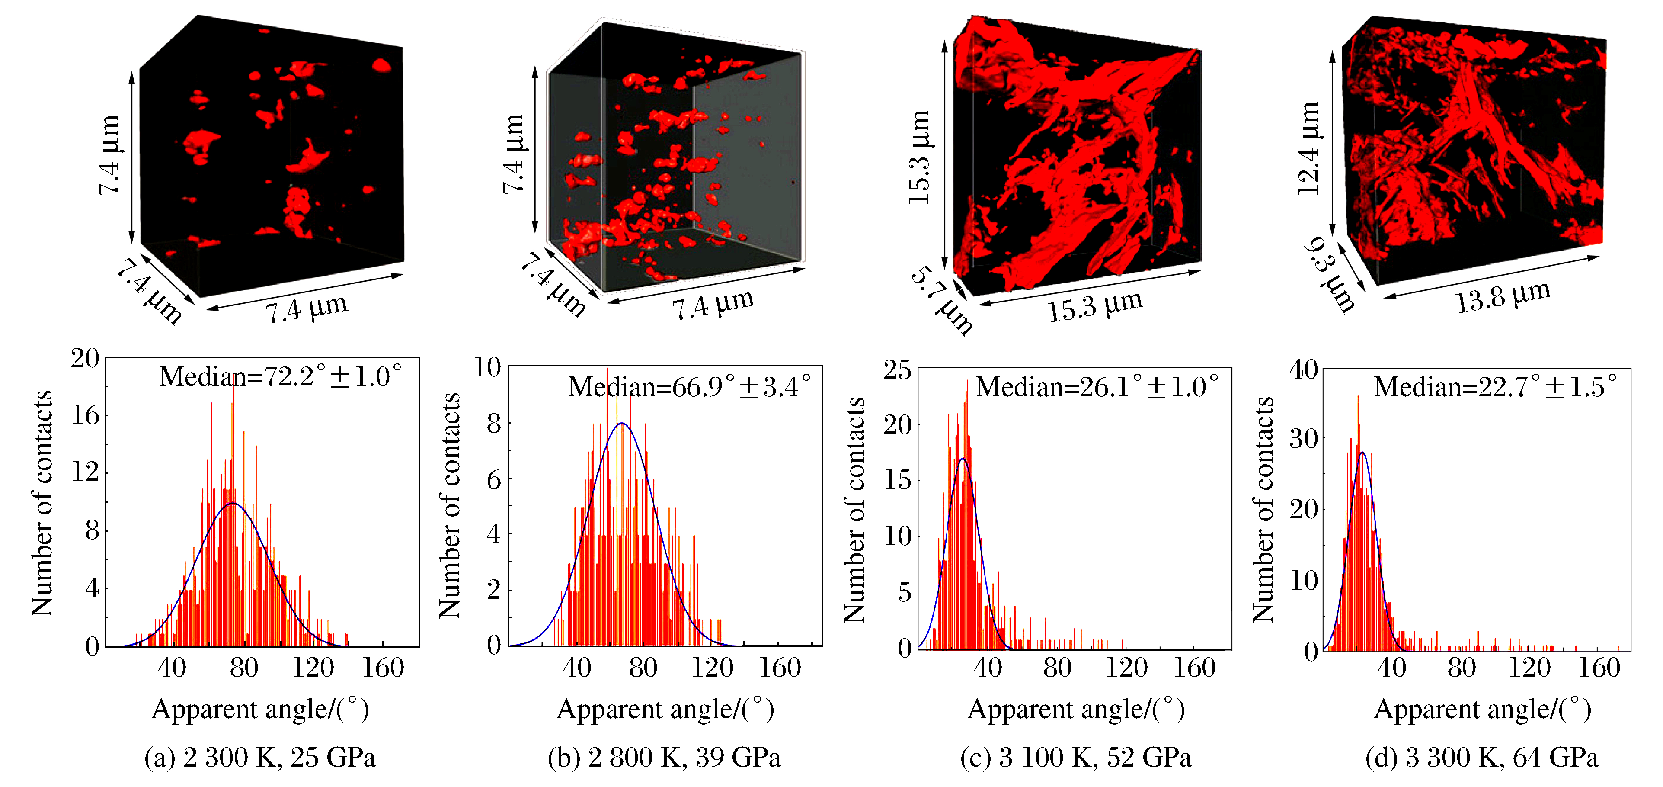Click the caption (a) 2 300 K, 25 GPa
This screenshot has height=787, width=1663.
(259, 757)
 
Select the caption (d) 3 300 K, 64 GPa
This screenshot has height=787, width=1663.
(1481, 757)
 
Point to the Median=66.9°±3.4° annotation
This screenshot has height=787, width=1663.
(689, 387)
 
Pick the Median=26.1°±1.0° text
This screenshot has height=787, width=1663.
(1097, 387)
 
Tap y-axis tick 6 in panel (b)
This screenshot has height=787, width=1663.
(493, 479)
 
